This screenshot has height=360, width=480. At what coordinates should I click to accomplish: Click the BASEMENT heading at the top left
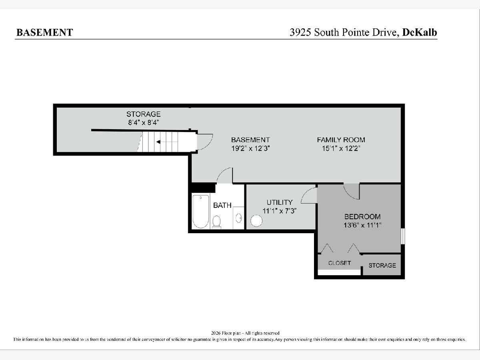[x=45, y=32]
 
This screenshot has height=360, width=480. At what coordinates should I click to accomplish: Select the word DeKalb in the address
[x=420, y=32]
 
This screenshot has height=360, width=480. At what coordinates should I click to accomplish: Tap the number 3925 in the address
[x=300, y=32]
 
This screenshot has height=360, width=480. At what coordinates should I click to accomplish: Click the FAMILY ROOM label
[x=341, y=140]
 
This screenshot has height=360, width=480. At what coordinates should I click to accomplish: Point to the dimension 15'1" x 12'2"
[x=341, y=149]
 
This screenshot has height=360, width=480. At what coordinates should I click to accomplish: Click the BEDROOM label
[x=362, y=217]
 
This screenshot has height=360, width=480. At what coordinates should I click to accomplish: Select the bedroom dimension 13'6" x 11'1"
[x=362, y=225]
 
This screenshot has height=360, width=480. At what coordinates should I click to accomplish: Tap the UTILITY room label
[x=280, y=202]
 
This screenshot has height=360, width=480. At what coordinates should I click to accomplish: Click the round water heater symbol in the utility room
[x=256, y=221]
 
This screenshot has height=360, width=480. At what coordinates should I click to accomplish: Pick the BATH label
[x=222, y=206]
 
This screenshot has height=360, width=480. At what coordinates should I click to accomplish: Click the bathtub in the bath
[x=201, y=212]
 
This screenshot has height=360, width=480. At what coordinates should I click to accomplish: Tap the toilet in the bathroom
[x=216, y=222]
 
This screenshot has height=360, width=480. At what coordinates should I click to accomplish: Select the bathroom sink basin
[x=238, y=218]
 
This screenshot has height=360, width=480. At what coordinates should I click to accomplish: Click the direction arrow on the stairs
[x=158, y=142]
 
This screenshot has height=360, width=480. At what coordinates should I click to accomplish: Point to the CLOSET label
[x=339, y=263]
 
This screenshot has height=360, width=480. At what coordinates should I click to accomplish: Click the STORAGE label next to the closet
[x=382, y=265]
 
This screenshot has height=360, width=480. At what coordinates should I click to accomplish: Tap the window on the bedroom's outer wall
[x=402, y=236]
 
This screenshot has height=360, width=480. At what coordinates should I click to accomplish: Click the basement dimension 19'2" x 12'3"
[x=250, y=149]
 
